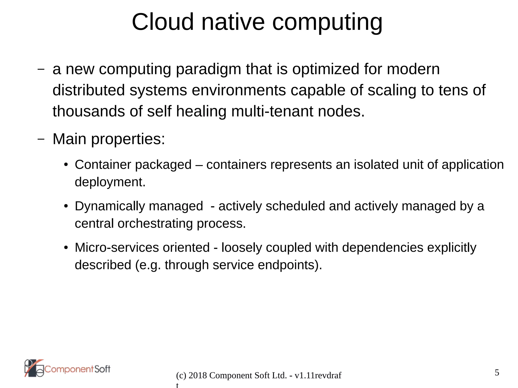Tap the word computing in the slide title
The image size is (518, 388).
(x=327, y=23)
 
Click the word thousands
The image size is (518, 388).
(x=89, y=111)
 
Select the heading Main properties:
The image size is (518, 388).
(x=109, y=139)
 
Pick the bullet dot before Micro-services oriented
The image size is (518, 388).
(x=66, y=248)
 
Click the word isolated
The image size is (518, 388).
(x=376, y=165)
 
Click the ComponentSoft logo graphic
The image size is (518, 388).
(x=34, y=368)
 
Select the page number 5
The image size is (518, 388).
(x=497, y=373)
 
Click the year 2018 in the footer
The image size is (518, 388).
(x=198, y=376)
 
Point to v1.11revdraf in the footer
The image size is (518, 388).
(x=318, y=376)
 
